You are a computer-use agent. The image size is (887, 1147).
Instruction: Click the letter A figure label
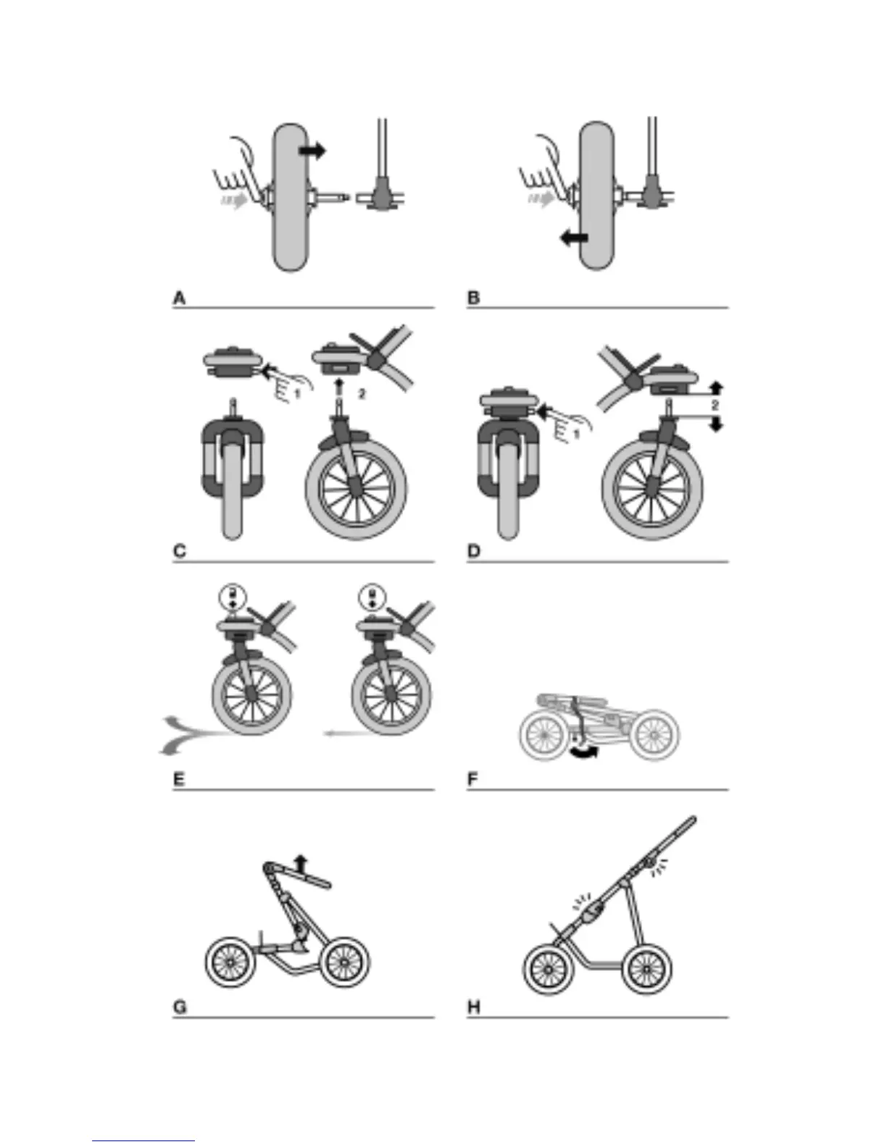coord(179,298)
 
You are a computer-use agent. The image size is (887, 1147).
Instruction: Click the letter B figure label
coord(474,298)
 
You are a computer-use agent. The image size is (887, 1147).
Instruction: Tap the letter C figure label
coord(180,551)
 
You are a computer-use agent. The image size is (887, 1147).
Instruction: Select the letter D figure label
coord(474,551)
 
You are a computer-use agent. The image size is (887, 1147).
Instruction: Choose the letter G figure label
coord(180,1007)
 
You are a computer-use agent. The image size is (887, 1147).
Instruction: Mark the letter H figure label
coord(474,1007)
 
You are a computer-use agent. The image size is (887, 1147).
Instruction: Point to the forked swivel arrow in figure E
coord(178,734)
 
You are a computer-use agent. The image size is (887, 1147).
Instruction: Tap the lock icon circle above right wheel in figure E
coord(373,598)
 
